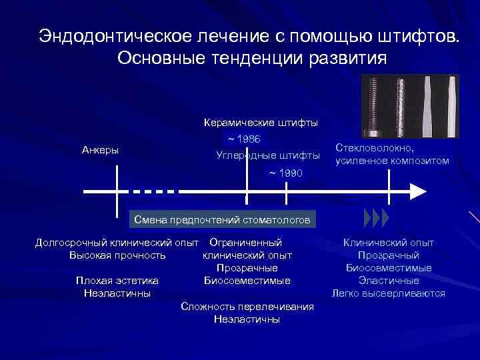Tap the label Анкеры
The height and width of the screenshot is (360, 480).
100,150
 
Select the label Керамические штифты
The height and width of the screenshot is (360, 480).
260,123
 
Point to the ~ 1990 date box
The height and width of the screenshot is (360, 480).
285,173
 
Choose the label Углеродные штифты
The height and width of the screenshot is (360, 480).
268,156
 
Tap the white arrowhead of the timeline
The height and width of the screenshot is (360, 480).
417,191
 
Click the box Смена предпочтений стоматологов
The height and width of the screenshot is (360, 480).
222,219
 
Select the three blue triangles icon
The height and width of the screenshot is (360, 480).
377,218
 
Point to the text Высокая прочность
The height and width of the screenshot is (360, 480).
117,255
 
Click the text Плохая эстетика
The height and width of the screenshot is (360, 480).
117,281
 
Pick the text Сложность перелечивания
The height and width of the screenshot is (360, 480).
247,307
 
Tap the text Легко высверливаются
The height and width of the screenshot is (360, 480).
389,293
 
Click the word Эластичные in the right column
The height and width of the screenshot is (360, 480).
389,281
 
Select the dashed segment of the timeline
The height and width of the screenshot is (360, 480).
154,191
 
